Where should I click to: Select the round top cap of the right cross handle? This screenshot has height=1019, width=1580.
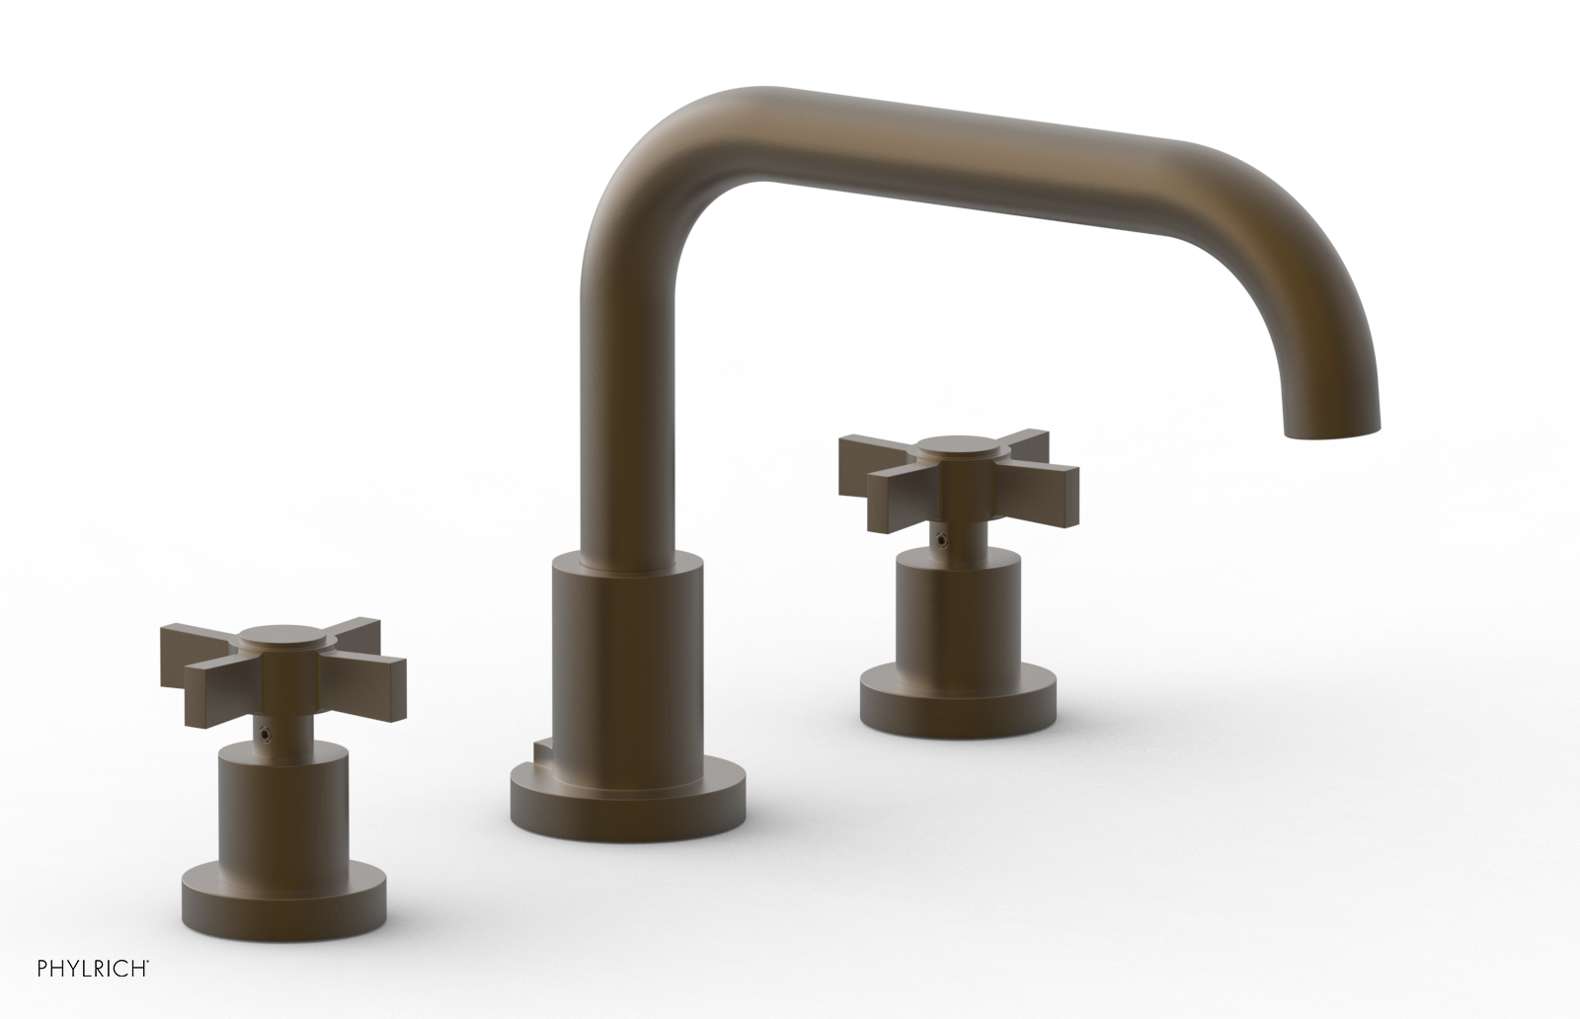coord(954,446)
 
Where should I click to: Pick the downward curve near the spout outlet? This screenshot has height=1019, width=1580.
coord(1323,326)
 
